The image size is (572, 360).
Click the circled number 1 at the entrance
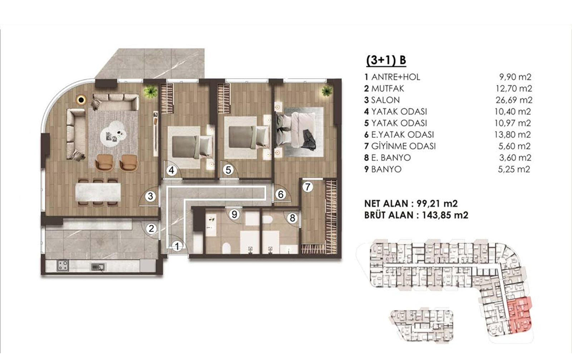[177, 247]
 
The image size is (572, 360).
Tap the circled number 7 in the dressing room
[308, 187]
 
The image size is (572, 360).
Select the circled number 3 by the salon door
[151, 196]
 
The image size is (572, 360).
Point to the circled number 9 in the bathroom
[234, 215]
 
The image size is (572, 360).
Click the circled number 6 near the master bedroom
[281, 195]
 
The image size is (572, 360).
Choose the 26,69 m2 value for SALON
[514, 100]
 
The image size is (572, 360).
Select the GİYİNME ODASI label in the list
[403, 146]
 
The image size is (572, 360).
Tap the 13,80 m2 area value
[513, 134]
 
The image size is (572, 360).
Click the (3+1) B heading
[386, 61]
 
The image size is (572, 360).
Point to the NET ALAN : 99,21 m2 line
[411, 204]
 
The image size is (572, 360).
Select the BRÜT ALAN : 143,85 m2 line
[416, 215]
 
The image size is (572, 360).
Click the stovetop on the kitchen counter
[63, 265]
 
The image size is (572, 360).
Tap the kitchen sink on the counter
[98, 267]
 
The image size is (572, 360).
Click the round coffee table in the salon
[113, 134]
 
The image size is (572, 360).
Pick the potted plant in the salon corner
[150, 92]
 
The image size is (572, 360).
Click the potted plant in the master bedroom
[327, 91]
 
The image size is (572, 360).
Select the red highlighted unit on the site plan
[520, 316]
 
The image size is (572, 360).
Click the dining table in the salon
[98, 192]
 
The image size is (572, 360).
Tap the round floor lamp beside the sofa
[82, 100]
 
